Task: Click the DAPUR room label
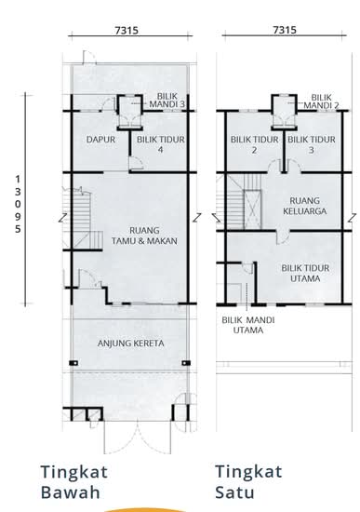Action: [x=100, y=140]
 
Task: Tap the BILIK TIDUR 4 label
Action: [x=161, y=144]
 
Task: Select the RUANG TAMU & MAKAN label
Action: [x=144, y=236]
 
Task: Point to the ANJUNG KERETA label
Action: [x=130, y=344]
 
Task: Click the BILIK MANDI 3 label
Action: [x=167, y=101]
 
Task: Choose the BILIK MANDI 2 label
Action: [x=321, y=101]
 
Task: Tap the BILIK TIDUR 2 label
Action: [x=255, y=144]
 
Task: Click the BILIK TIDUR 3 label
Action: [x=312, y=144]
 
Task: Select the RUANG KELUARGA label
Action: [x=304, y=206]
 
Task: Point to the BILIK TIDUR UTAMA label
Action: [x=305, y=274]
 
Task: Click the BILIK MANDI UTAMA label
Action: [x=248, y=325]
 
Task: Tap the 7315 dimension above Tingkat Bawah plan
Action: [x=127, y=31]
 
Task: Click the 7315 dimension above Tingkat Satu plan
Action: [x=285, y=30]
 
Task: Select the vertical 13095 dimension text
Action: [x=18, y=204]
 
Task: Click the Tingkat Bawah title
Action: [x=74, y=482]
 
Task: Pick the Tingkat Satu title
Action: [x=248, y=482]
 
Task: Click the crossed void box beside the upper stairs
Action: [x=253, y=209]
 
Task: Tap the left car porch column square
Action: [x=73, y=363]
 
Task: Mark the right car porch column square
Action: [x=186, y=363]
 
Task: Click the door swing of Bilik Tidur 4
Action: [x=135, y=163]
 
